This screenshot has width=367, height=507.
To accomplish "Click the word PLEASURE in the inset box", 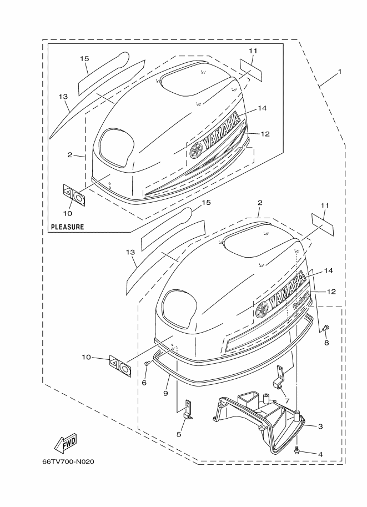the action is [68, 227].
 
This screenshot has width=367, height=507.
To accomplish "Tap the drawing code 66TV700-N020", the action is [68, 461].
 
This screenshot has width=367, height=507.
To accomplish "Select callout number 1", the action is [339, 72].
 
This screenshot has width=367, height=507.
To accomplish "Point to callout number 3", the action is [320, 426].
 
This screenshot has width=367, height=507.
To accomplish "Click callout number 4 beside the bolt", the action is [320, 454].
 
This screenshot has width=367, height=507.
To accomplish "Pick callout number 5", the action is [179, 434].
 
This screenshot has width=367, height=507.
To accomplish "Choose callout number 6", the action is [144, 383].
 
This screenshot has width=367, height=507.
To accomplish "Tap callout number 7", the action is [287, 401].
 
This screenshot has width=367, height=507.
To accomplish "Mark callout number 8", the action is [326, 343].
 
